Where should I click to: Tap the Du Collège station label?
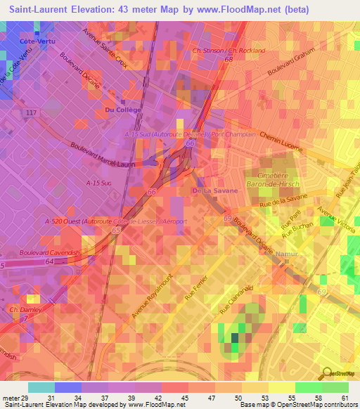(x=122, y=110)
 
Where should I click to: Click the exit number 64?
(x=50, y=261)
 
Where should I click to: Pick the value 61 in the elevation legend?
(x=345, y=399)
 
